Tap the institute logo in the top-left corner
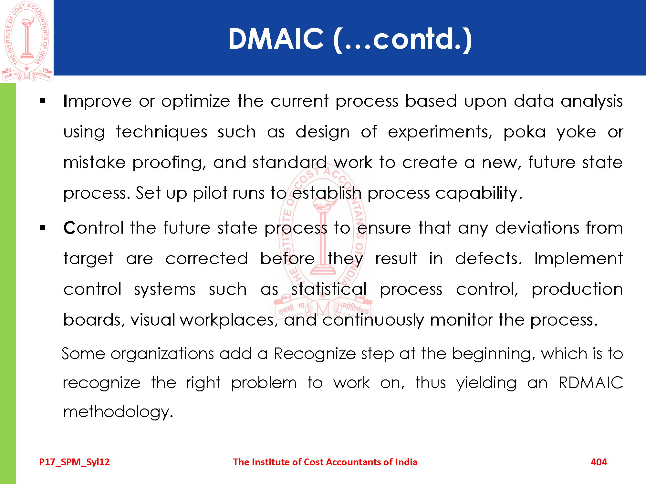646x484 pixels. point(27,41)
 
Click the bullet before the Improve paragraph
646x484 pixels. point(43,101)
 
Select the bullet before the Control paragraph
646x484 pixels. point(43,228)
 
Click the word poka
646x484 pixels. point(525,132)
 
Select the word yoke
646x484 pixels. point(577,132)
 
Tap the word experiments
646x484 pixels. point(440,132)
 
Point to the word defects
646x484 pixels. point(488,259)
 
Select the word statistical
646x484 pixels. point(329,289)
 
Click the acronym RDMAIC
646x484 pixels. point(591,383)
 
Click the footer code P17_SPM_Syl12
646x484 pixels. point(74,462)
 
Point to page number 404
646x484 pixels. point(599,462)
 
